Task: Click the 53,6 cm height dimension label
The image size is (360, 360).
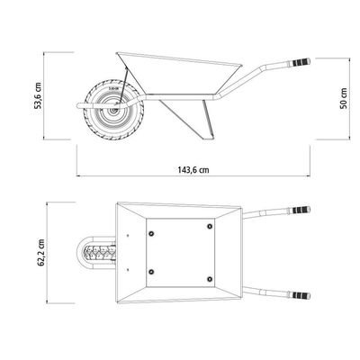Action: [38, 94]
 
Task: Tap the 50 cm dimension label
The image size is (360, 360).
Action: [344, 98]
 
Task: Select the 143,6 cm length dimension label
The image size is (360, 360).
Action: [193, 170]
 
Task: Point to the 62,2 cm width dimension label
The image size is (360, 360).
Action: [41, 253]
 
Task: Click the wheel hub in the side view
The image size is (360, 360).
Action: [114, 110]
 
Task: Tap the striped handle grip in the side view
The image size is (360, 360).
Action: [300, 63]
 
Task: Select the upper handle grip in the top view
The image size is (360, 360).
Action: [300, 210]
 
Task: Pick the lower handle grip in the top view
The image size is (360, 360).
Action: [300, 295]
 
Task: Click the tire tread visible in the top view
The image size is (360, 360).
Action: [101, 253]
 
